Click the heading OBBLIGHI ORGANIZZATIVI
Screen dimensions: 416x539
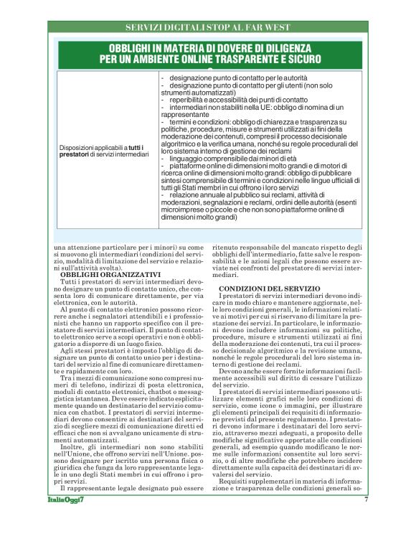(x=100, y=274)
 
